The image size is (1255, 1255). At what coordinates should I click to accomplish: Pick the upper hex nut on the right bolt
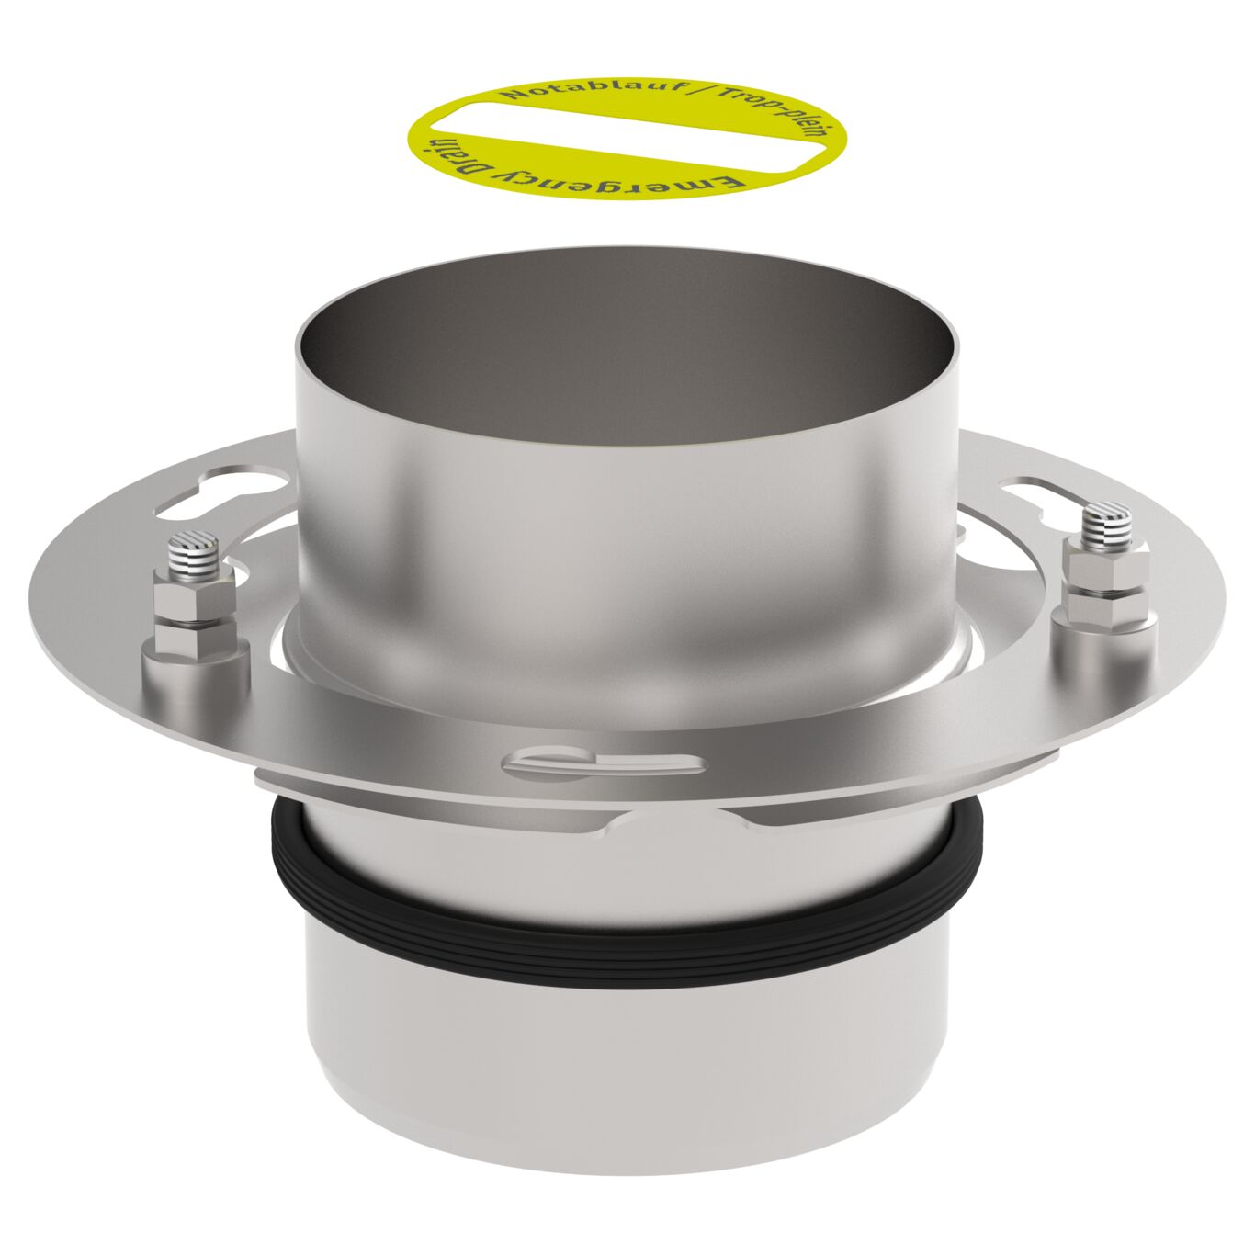(1106, 572)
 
